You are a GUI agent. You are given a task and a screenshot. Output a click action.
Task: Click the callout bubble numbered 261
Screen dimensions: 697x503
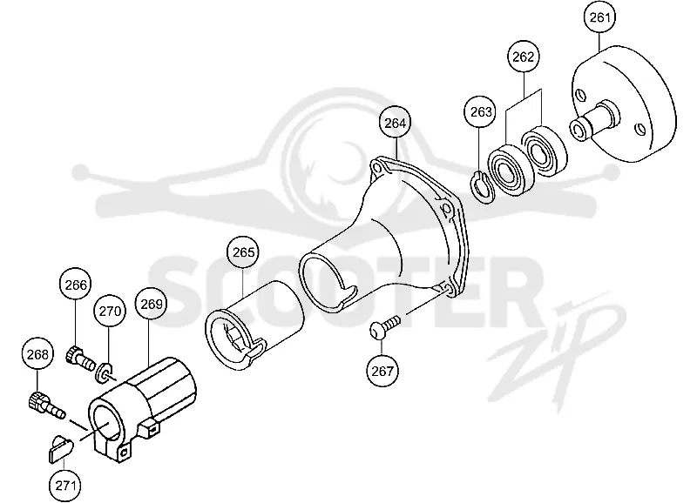click(599, 17)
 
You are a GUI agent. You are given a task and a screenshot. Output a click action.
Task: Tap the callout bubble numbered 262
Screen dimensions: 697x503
click(524, 57)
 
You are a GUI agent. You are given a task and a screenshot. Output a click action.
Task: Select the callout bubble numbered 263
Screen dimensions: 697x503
click(481, 111)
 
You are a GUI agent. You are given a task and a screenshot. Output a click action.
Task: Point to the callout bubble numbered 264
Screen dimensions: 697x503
click(396, 123)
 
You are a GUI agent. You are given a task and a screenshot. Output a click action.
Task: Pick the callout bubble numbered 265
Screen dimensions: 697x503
click(244, 252)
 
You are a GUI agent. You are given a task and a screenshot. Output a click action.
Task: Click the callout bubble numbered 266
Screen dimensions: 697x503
click(76, 285)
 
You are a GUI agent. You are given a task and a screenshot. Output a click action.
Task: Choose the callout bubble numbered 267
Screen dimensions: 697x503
click(382, 370)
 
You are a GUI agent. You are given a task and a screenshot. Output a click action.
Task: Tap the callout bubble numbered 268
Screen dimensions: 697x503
click(37, 354)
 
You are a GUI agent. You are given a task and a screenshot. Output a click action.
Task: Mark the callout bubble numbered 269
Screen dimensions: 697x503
click(151, 304)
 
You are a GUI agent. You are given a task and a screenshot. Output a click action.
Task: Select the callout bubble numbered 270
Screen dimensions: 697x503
click(110, 311)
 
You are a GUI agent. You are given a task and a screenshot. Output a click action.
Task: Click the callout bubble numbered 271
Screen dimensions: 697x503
click(65, 486)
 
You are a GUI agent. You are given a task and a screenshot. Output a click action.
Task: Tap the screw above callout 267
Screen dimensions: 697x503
click(385, 327)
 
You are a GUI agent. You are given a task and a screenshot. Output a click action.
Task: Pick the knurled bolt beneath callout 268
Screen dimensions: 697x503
click(46, 405)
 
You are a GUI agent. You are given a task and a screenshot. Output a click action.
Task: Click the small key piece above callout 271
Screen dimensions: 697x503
click(60, 449)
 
